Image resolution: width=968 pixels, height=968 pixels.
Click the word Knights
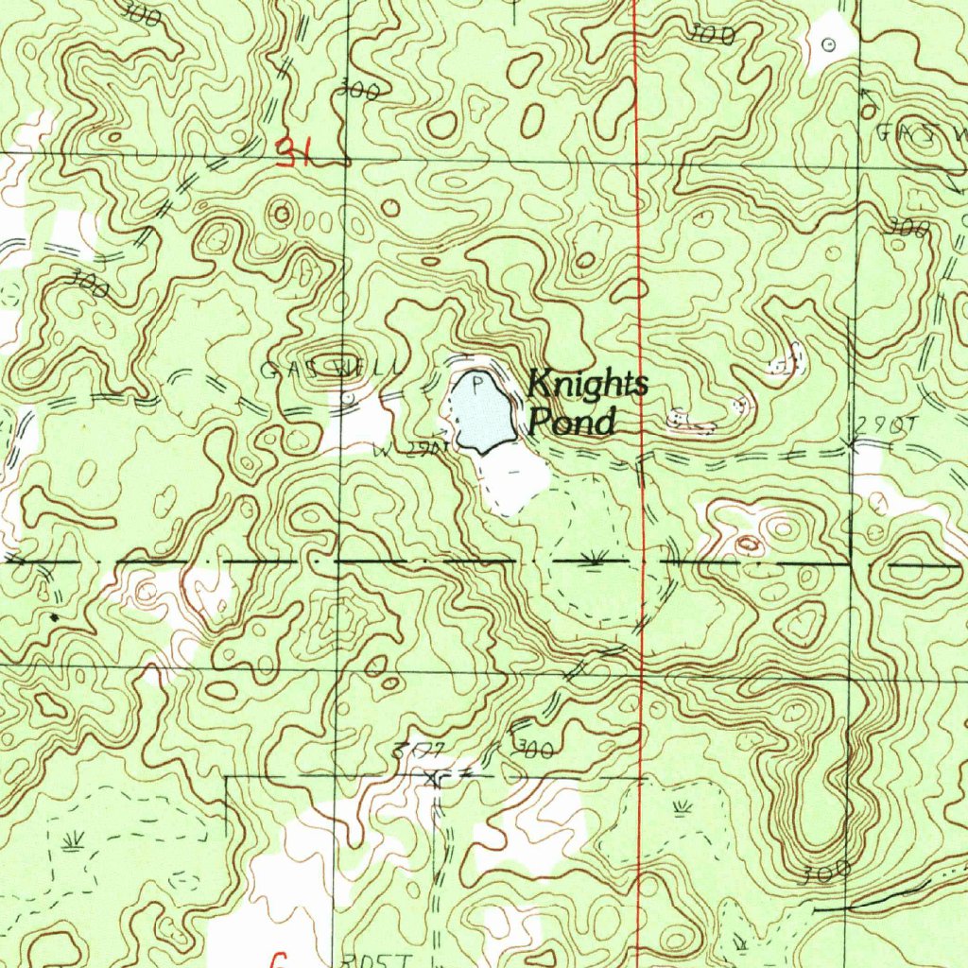[x=587, y=385]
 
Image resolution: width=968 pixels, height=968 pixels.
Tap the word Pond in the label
[x=571, y=422]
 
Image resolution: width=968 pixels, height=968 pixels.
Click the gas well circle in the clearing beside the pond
[x=348, y=401]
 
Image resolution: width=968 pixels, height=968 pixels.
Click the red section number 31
[x=295, y=151]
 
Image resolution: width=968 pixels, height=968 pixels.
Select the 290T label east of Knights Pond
[x=887, y=425]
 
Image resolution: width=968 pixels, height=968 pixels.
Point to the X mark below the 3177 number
[x=435, y=779]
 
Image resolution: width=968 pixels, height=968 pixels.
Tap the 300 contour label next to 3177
[x=532, y=750]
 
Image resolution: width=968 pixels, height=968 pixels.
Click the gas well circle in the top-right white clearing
[x=830, y=43]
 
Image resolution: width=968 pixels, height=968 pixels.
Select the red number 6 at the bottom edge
[x=277, y=959]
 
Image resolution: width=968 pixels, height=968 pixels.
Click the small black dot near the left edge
[x=54, y=617]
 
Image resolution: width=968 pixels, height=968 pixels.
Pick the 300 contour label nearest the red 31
[x=358, y=92]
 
